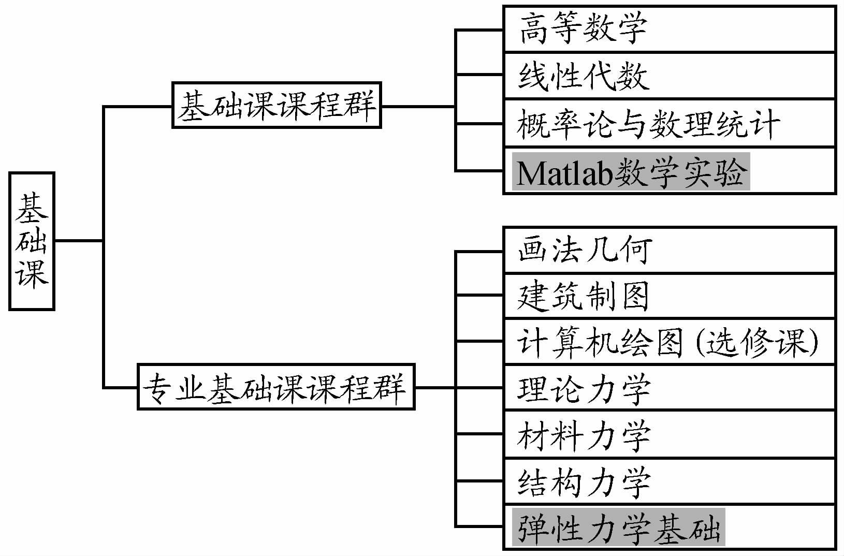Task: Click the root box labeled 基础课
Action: pos(32,241)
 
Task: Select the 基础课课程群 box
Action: pos(277,105)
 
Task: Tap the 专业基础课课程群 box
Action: pos(276,387)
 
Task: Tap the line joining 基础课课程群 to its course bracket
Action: pos(418,107)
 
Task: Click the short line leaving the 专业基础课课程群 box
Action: pos(435,387)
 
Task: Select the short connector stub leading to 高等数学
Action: pos(479,30)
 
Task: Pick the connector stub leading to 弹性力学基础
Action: pos(479,526)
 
